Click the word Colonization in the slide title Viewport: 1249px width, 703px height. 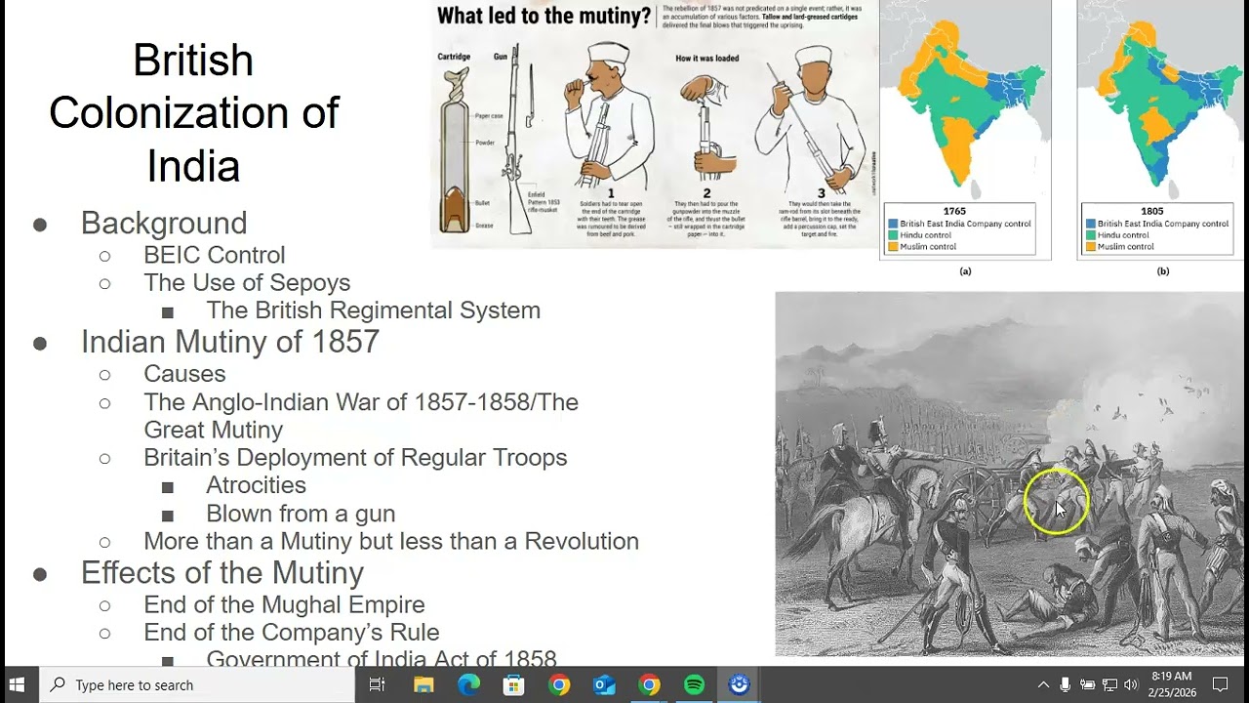tap(194, 112)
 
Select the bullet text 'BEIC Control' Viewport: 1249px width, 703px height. tap(214, 255)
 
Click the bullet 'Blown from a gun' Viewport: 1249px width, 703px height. tap(301, 513)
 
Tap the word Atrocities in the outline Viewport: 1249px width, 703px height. tap(256, 485)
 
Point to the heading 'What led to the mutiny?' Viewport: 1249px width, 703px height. tap(544, 16)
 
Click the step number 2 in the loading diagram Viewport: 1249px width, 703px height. tap(706, 193)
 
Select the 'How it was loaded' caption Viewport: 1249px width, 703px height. tap(706, 59)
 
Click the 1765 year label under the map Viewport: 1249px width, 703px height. tap(954, 211)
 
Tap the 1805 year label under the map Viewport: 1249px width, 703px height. tap(1151, 211)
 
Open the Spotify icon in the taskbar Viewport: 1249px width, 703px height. tap(694, 684)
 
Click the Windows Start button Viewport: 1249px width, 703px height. tap(18, 684)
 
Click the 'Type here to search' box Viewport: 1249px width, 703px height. tap(195, 684)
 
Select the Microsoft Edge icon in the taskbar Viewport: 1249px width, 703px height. tap(468, 684)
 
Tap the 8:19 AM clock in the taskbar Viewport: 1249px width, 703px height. tap(1171, 676)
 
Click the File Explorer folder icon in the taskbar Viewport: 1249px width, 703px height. tap(423, 684)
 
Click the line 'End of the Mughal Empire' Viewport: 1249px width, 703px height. tap(284, 604)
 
